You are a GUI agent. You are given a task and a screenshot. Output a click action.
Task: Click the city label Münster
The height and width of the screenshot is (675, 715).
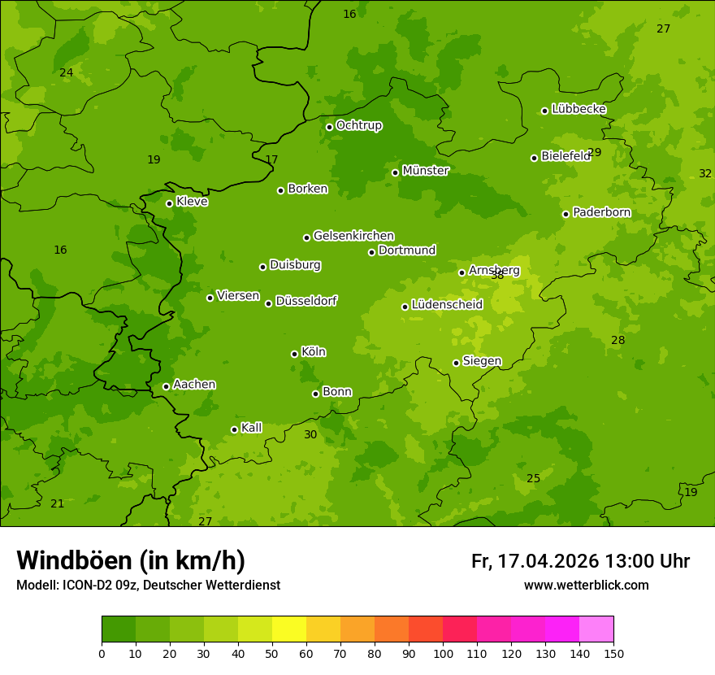click(425, 171)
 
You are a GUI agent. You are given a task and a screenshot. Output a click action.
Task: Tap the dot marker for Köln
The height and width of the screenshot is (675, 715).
click(294, 354)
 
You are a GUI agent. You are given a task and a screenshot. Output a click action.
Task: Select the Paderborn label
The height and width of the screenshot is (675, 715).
click(601, 212)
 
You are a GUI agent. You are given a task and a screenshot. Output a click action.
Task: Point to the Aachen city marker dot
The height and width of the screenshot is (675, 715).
click(166, 386)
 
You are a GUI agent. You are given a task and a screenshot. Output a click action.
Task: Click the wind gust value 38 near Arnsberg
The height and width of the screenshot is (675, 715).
click(497, 276)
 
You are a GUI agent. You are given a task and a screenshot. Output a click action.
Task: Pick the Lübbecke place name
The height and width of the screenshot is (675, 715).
click(578, 109)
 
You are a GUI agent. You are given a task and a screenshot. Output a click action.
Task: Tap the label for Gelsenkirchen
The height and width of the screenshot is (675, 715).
click(353, 236)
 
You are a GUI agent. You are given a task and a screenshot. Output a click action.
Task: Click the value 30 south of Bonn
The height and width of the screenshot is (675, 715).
click(310, 435)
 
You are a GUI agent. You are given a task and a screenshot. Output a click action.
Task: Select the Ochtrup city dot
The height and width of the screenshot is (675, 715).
click(329, 127)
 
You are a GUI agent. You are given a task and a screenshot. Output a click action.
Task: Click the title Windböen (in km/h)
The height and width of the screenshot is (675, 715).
click(131, 561)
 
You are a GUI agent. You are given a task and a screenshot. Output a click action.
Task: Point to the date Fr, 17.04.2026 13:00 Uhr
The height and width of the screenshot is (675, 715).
click(580, 561)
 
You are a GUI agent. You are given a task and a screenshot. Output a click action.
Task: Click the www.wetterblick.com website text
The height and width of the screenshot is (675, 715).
click(586, 586)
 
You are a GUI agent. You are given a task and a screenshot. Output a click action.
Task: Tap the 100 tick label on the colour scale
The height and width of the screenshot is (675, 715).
click(443, 653)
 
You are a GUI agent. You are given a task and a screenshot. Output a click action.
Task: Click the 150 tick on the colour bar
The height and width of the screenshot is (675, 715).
click(613, 653)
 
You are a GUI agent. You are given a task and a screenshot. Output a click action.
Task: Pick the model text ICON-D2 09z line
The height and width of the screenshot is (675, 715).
click(148, 586)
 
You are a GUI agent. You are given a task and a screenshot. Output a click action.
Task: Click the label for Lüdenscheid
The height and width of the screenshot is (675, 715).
click(447, 305)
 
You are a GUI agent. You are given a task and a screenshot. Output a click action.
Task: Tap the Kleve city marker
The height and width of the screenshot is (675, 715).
click(169, 203)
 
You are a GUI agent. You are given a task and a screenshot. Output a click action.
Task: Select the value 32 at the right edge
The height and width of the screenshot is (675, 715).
click(705, 173)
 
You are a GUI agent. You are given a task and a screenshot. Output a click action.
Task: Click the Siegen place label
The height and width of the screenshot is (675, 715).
click(482, 361)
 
